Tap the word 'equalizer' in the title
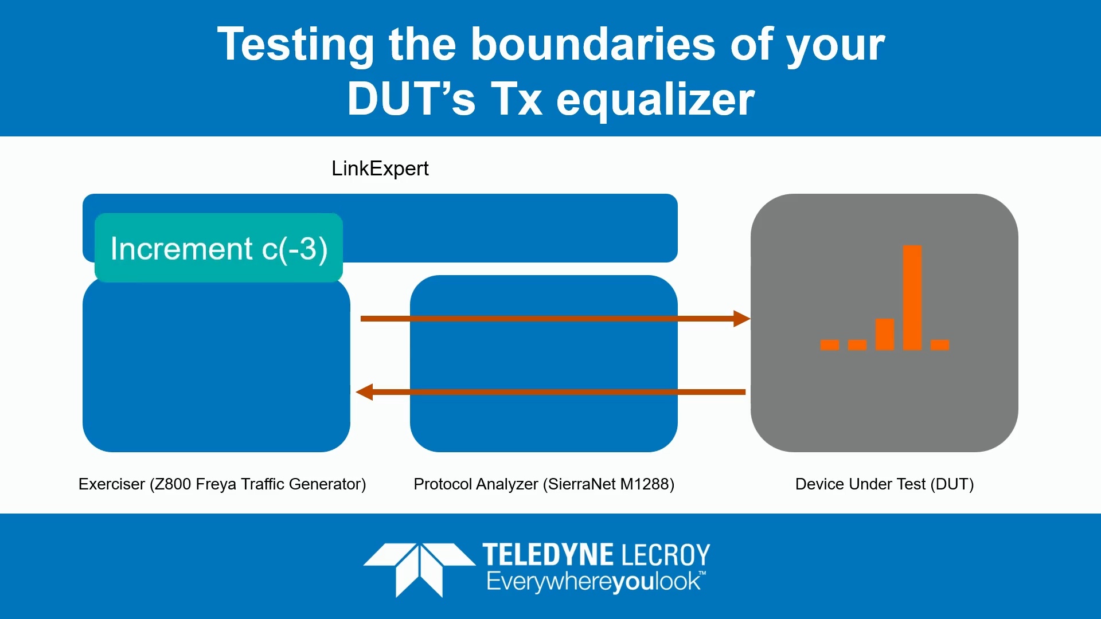click(x=655, y=99)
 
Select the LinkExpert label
click(x=380, y=169)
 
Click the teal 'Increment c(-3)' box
click(x=218, y=248)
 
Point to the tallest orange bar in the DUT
click(x=912, y=297)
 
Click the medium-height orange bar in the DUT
click(x=884, y=334)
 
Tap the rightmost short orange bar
click(x=940, y=344)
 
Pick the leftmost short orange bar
click(x=830, y=344)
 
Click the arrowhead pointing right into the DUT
click(x=741, y=319)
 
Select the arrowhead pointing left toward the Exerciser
click(x=365, y=392)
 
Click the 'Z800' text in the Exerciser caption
click(x=173, y=484)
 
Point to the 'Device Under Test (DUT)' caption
click(x=884, y=484)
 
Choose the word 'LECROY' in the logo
click(x=666, y=555)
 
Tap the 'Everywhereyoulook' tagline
click(x=594, y=582)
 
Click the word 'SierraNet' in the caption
click(x=581, y=484)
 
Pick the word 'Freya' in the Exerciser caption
click(x=216, y=484)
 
